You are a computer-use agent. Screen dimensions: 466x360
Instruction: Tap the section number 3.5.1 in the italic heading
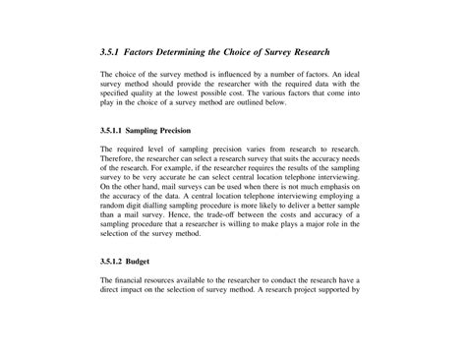[113, 51]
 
